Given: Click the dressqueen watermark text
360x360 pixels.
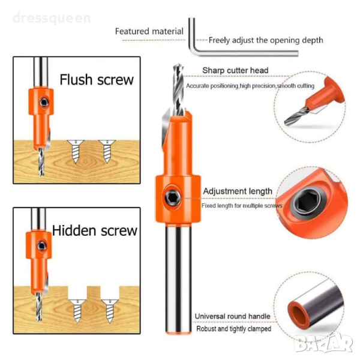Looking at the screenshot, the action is pyautogui.click(x=52, y=19).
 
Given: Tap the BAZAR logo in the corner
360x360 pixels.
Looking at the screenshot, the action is pyautogui.click(x=324, y=343).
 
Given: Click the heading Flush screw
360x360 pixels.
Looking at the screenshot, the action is pyautogui.click(x=97, y=80).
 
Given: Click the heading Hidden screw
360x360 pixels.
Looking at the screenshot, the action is pyautogui.click(x=95, y=230).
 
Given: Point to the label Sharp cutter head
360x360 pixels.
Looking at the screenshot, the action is pyautogui.click(x=235, y=70).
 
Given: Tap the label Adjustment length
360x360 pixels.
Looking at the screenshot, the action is pyautogui.click(x=238, y=191).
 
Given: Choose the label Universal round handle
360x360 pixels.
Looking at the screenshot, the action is pyautogui.click(x=232, y=316).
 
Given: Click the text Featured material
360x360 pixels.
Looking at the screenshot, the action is pyautogui.click(x=149, y=31).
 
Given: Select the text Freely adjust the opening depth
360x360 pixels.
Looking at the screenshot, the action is pyautogui.click(x=266, y=40).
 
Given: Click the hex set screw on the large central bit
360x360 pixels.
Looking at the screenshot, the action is pyautogui.click(x=172, y=197).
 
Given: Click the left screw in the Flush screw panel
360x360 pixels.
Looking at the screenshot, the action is pyautogui.click(x=76, y=151).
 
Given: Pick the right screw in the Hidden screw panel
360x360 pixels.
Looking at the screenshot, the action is pyautogui.click(x=110, y=311).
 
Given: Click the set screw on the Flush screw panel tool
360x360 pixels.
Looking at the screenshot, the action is pyautogui.click(x=44, y=102).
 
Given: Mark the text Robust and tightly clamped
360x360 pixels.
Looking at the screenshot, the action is pyautogui.click(x=234, y=329).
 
